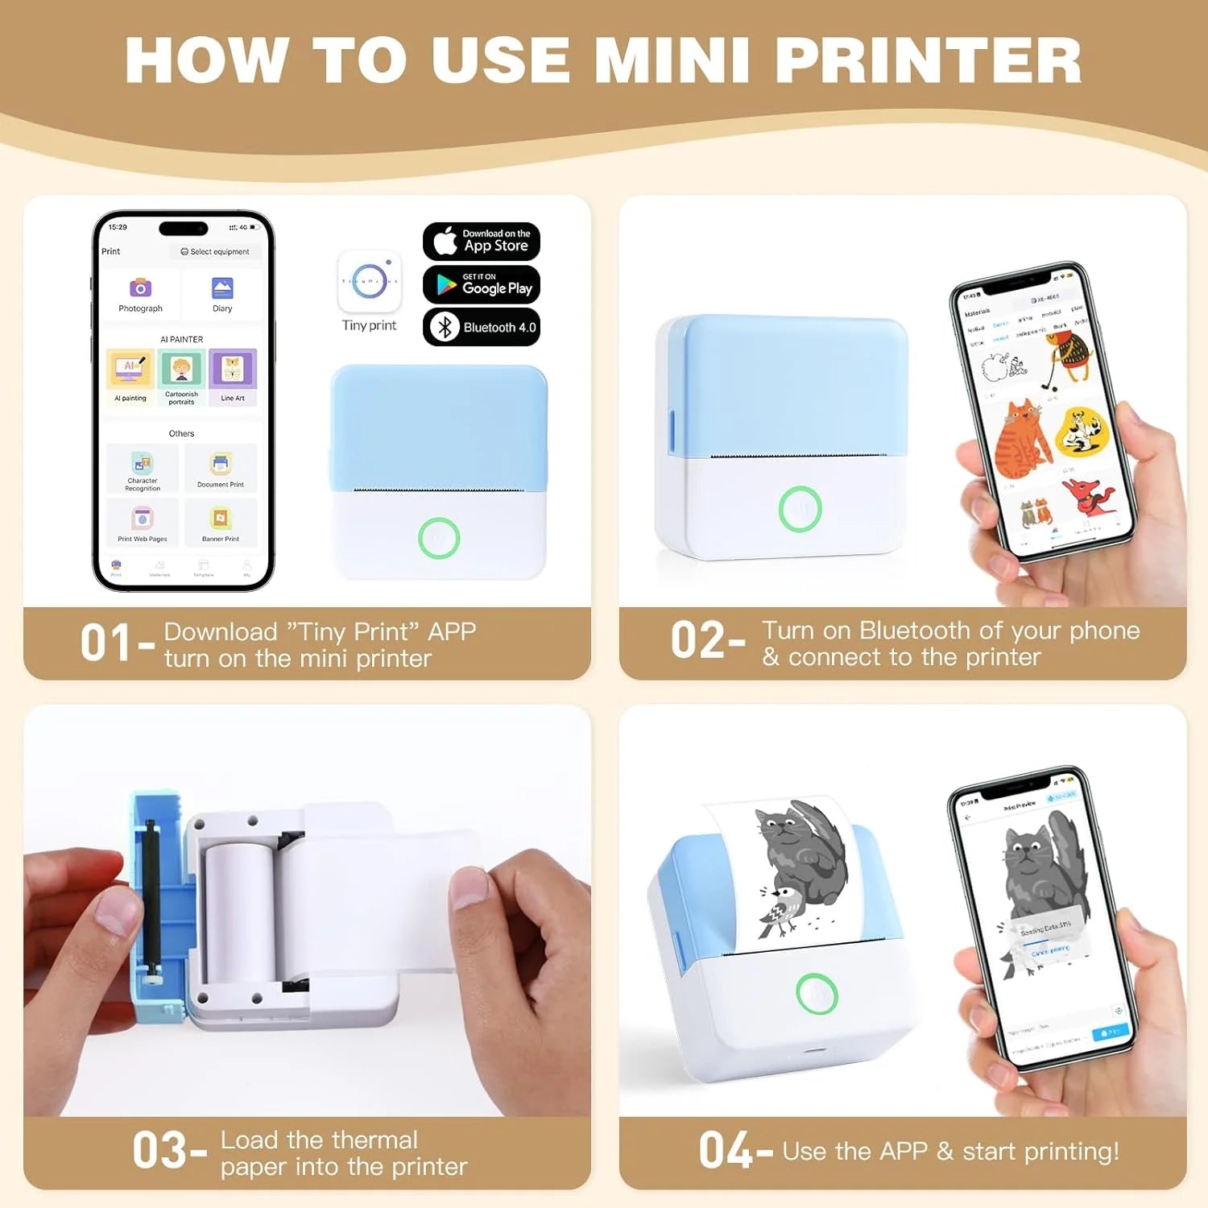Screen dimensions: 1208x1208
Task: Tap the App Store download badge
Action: tap(482, 241)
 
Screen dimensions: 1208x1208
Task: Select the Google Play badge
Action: tap(482, 284)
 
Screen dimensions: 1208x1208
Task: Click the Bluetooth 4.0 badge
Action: tap(482, 327)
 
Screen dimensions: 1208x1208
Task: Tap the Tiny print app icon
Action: tap(370, 282)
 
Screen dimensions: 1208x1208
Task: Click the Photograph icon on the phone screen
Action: tap(140, 288)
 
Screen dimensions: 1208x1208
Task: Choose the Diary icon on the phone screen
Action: tap(222, 288)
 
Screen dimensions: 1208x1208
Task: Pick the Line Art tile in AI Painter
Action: tap(233, 372)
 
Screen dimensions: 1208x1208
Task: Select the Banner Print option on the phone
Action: tap(221, 521)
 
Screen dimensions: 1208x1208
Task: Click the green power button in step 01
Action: tap(439, 538)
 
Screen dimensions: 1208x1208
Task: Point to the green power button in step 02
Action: tap(800, 509)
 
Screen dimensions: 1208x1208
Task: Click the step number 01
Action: tap(105, 643)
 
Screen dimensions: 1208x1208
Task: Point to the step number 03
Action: tap(159, 1150)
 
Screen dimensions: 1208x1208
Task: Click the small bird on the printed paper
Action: tap(781, 910)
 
